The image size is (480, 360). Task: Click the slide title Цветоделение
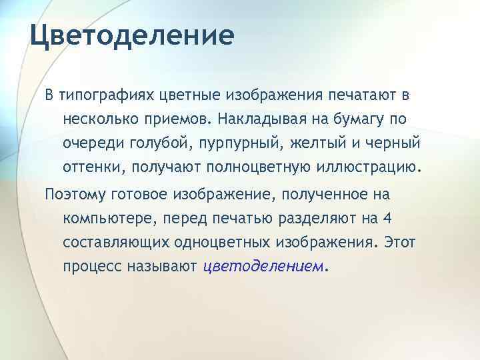[x=132, y=35]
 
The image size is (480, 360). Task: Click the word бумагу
[x=387, y=119]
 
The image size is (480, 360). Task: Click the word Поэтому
[x=74, y=195]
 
